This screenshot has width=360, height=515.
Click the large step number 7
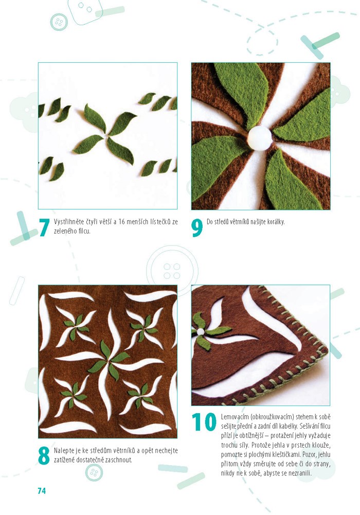pyautogui.click(x=44, y=227)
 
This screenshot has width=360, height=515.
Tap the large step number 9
pyautogui.click(x=197, y=227)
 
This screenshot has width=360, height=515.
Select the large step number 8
pyautogui.click(x=44, y=455)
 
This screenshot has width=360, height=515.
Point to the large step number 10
pyautogui.click(x=204, y=422)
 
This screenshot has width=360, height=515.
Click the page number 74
pyautogui.click(x=42, y=491)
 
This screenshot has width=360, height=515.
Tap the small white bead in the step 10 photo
pyautogui.click(x=200, y=332)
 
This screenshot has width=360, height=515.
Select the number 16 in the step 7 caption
pyautogui.click(x=121, y=222)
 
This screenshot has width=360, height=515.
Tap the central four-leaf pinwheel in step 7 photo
pyautogui.click(x=105, y=134)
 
